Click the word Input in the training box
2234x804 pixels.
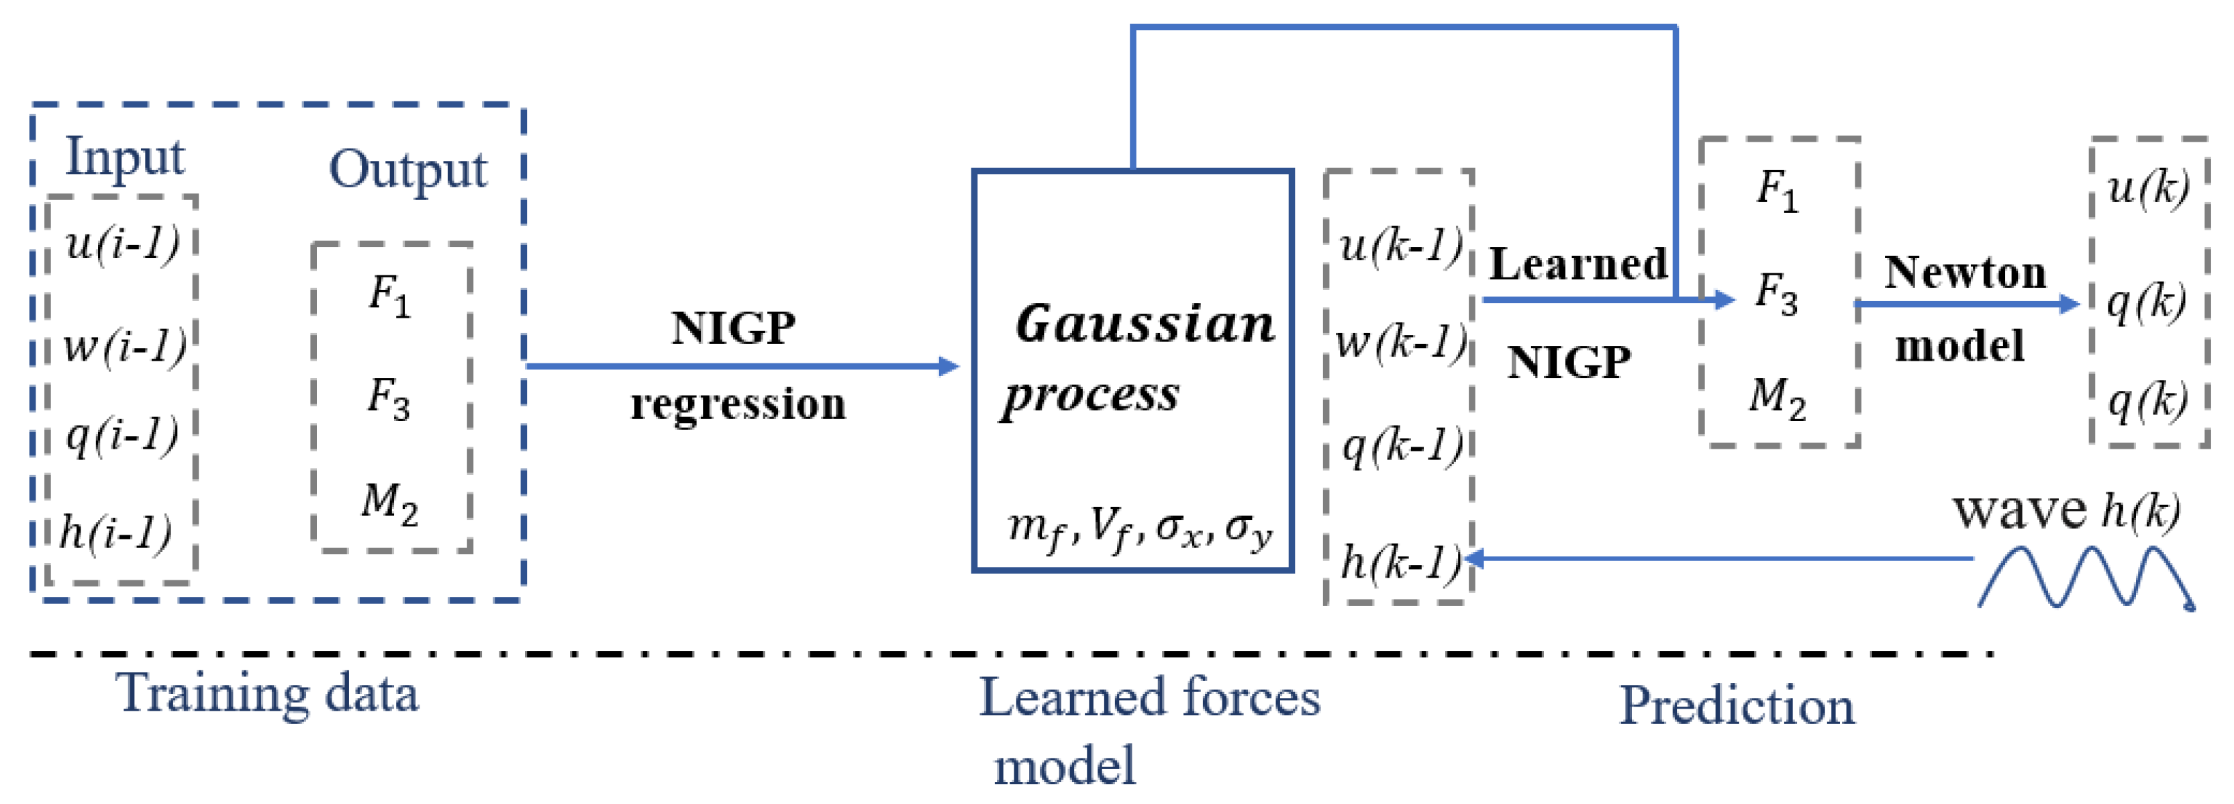click(x=125, y=159)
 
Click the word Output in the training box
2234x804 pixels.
click(x=407, y=170)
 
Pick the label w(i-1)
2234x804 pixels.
click(x=125, y=346)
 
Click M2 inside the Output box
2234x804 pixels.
click(x=389, y=503)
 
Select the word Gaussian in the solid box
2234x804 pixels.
click(x=1145, y=324)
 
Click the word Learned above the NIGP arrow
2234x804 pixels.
click(x=1577, y=264)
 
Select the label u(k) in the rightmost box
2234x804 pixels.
click(x=2147, y=187)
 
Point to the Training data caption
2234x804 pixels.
click(x=267, y=695)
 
